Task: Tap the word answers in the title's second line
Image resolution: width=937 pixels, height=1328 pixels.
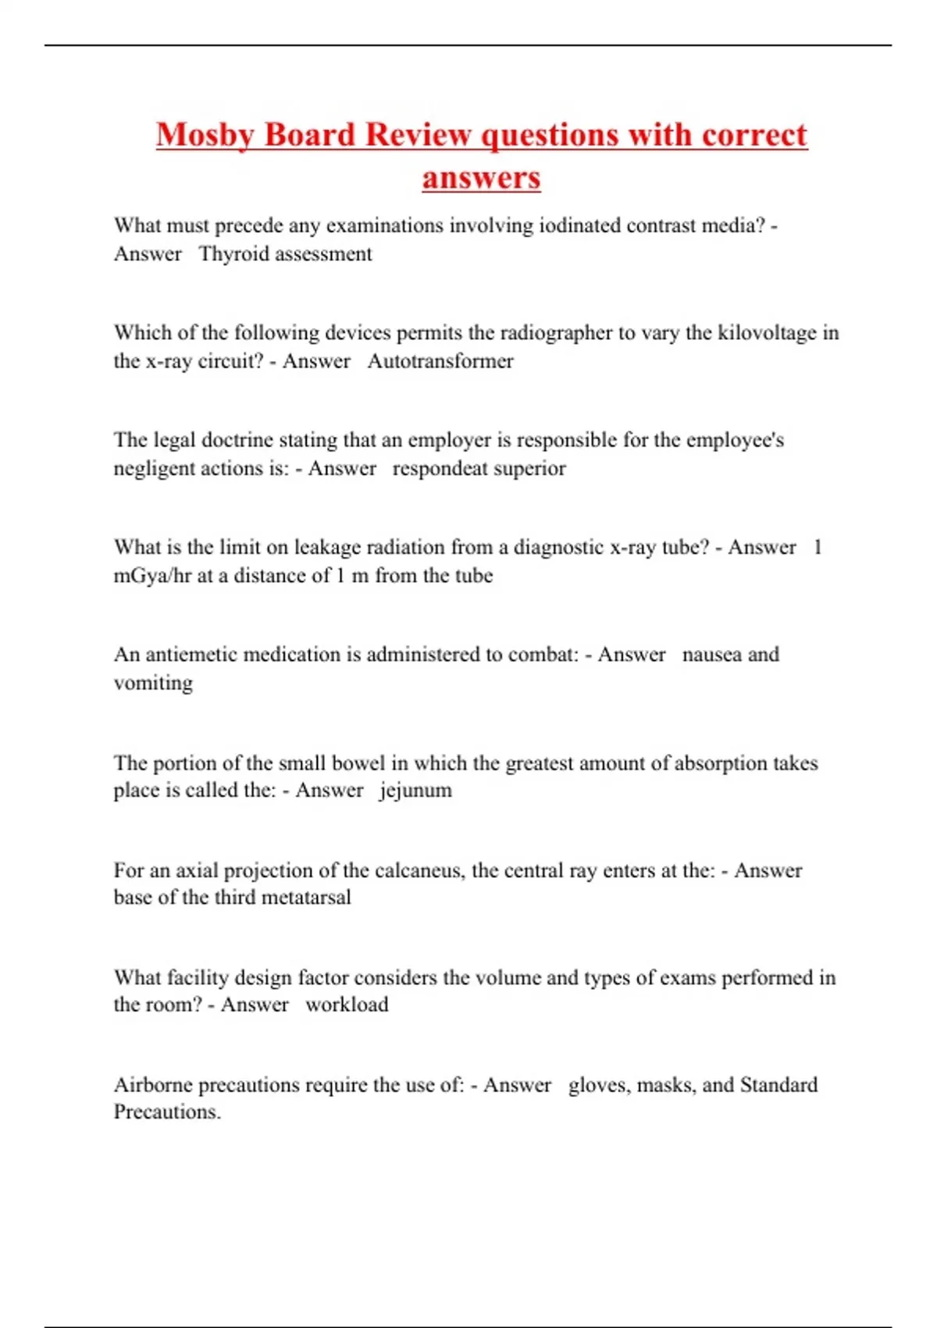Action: (x=481, y=177)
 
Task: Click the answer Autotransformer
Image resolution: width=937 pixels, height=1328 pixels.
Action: (x=440, y=361)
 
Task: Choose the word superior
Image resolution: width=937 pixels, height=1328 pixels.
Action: (x=529, y=469)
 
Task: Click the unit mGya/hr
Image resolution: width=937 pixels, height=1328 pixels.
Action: (x=152, y=576)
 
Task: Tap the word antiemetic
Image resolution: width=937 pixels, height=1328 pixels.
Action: (x=191, y=654)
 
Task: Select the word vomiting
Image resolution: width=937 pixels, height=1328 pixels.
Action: (x=153, y=683)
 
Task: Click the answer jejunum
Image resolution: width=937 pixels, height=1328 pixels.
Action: (x=415, y=790)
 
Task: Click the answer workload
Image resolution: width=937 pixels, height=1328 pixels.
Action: (x=347, y=1005)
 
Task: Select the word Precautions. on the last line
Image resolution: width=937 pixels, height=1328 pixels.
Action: (x=167, y=1112)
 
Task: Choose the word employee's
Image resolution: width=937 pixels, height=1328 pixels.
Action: (x=735, y=440)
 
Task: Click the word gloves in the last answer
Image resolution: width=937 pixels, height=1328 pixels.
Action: (x=599, y=1085)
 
